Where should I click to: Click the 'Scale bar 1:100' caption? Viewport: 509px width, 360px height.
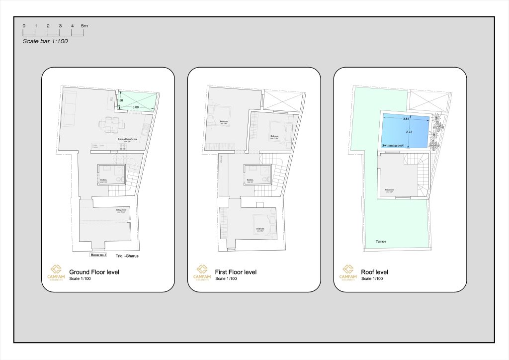pos(45,41)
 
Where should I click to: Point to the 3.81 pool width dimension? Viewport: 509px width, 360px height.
pos(406,119)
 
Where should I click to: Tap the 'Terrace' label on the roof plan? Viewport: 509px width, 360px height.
pos(381,242)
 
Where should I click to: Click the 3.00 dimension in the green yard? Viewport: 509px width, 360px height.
pos(135,107)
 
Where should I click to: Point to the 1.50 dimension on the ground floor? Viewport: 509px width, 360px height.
pos(120,100)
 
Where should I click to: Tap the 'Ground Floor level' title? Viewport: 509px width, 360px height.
pos(94,272)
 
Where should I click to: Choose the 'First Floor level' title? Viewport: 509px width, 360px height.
pos(236,272)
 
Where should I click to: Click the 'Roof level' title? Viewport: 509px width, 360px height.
pos(375,272)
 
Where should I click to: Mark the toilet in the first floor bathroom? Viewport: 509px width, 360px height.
pos(263,179)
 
